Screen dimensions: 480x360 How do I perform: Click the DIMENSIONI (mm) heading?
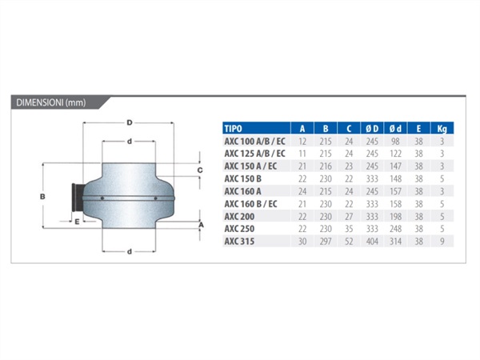51,102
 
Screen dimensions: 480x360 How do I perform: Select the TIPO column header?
233,129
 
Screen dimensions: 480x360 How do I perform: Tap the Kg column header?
442,129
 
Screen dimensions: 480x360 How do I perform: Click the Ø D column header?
372,129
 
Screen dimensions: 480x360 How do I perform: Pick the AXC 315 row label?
239,242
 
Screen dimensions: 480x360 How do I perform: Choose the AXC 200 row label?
239,217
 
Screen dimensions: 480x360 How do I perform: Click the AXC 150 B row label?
242,178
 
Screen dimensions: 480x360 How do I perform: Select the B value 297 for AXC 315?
326,242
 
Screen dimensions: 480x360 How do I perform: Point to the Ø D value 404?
372,242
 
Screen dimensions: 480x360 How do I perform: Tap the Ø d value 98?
395,142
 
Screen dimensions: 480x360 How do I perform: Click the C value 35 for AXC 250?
349,229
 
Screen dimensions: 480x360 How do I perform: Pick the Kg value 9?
442,242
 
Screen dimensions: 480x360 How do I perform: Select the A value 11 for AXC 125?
302,154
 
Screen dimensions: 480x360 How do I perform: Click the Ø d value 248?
395,229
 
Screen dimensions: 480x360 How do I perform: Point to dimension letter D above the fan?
130,122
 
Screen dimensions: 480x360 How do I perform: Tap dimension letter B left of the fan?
42,197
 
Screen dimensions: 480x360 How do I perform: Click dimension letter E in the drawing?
77,222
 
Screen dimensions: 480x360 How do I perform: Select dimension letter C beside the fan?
200,170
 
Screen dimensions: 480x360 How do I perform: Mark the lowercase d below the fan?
130,252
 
